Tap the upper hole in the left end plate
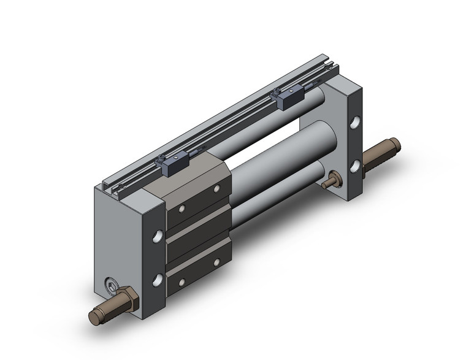click(159, 236)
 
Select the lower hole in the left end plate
click(159, 280)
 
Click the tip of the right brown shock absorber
click(395, 145)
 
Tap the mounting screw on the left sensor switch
click(161, 161)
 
